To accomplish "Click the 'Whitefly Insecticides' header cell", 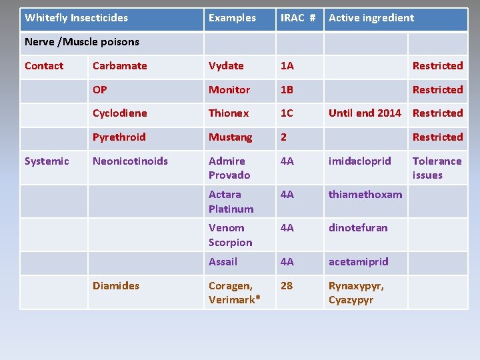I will pos(76,18).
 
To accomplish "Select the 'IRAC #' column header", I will pos(297,18).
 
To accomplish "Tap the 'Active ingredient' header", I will pos(371,18).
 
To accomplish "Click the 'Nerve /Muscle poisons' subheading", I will pos(82,42).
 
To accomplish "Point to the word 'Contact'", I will pos(44,66).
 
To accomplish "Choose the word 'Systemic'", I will pos(47,161).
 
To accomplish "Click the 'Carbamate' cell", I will pos(120,66).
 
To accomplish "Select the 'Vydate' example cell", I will pos(226,66).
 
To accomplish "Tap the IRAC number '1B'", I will pos(287,89).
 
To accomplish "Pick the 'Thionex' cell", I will pos(229,113).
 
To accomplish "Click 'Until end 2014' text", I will pos(365,113).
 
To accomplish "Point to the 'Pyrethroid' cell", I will pos(119,137).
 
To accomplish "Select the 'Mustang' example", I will pos(231,137).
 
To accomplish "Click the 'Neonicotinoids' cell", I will pos(131,161).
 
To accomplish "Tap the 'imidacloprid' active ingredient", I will pos(359,161).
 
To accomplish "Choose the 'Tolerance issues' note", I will pos(437,168).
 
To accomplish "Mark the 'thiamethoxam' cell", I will pos(365,195).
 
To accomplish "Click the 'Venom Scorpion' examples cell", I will pos(230,235).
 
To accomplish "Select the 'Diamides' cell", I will pos(116,285).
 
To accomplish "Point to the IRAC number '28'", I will pos(287,285).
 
